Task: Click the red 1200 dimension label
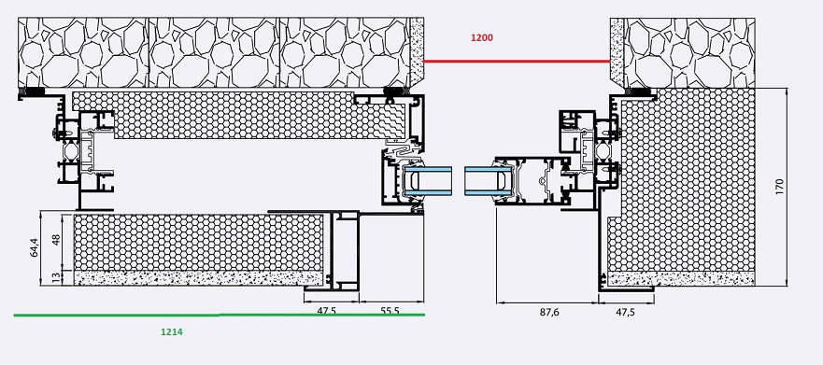coord(482,37)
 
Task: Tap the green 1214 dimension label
coord(172,332)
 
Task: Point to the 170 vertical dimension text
coord(779,187)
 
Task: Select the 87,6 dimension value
coord(549,312)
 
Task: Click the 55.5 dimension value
coord(390,311)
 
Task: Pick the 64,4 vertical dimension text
coord(35,247)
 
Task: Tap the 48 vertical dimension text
coord(56,240)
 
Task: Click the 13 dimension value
coord(56,278)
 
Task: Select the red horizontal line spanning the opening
coord(517,62)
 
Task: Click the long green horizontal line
coord(220,316)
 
